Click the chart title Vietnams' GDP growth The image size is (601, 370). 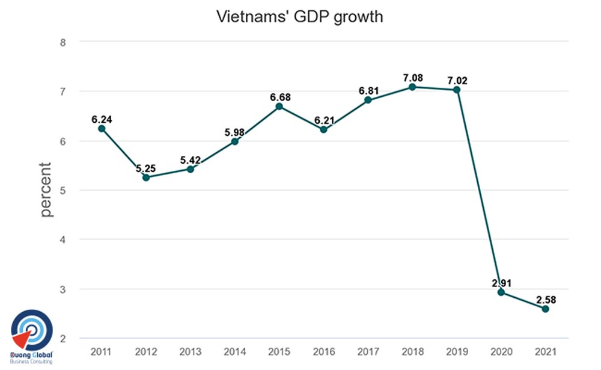tap(299, 17)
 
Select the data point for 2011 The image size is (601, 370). tap(102, 128)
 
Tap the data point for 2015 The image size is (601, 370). tap(279, 106)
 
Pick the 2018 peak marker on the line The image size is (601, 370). tap(412, 87)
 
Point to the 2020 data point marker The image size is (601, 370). tap(501, 292)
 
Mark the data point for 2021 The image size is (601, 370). tap(545, 309)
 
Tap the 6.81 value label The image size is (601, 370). tap(368, 90)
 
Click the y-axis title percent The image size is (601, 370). tap(46, 190)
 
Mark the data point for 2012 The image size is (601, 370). tap(146, 177)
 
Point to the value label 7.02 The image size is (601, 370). tap(457, 79)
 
